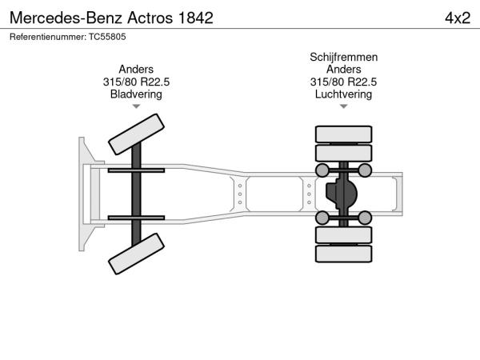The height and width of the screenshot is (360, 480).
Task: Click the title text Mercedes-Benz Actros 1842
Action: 111,18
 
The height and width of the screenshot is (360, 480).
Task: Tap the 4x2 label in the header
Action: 458,18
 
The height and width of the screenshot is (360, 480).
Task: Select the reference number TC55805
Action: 107,37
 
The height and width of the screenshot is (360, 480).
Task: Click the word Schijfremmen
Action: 343,58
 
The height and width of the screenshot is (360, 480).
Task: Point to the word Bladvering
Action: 136,94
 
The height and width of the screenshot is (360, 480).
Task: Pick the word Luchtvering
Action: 343,94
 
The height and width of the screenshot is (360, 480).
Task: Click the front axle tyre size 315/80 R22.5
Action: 136,82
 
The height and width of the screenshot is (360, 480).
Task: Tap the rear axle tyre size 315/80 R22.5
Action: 343,82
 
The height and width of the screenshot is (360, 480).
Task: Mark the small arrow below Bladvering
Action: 136,106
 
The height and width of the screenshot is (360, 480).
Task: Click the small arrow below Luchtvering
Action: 343,106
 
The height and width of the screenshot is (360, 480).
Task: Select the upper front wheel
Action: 136,134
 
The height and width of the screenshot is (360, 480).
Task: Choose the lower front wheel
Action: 136,254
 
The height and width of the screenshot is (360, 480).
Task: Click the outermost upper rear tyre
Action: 343,134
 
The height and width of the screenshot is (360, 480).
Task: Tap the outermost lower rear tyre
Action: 343,254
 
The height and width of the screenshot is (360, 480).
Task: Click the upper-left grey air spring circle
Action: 322,170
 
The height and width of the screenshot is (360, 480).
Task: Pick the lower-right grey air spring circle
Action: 365,218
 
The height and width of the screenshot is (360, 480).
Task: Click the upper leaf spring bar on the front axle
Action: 136,170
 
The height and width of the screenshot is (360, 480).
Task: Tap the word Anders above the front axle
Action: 136,69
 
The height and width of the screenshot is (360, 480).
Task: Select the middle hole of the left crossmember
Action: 240,194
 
